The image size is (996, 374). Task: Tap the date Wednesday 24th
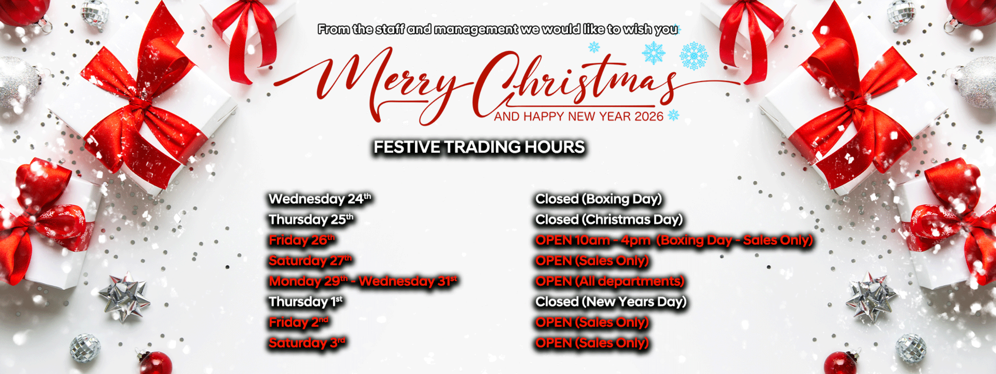tap(320, 199)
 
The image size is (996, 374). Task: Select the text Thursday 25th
tap(311, 219)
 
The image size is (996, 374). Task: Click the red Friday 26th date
tap(302, 240)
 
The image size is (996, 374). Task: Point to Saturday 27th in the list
tap(310, 261)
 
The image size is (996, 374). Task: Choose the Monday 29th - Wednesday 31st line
tap(363, 281)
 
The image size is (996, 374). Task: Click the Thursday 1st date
tap(306, 302)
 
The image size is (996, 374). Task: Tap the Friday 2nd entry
tap(299, 322)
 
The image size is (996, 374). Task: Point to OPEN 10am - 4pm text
tap(592, 240)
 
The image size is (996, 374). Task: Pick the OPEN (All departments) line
tap(609, 281)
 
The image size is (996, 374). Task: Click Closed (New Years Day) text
tap(611, 302)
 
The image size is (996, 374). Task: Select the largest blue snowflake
tap(694, 56)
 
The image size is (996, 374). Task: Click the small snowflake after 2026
tap(674, 115)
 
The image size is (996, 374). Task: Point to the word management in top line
tap(476, 29)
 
